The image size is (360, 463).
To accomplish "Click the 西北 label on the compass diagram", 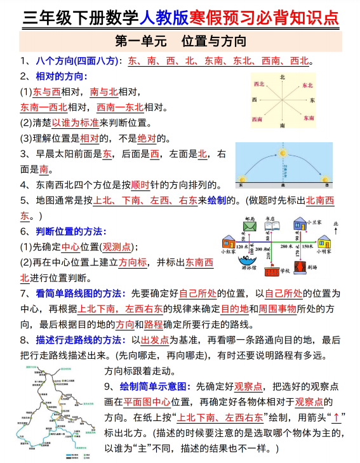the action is click(x=258, y=84).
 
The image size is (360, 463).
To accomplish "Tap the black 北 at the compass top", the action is click(x=283, y=77).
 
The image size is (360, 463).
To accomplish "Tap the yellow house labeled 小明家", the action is click(x=324, y=242).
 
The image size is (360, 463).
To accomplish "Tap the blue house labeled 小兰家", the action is click(x=298, y=225).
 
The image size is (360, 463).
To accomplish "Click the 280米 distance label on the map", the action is click(x=286, y=246).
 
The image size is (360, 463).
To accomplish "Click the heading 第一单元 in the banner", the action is click(x=141, y=42).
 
